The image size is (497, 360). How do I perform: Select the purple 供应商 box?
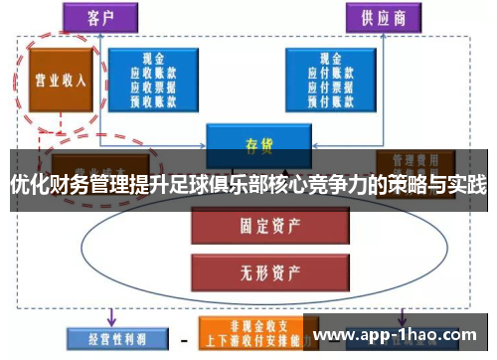click(x=383, y=17)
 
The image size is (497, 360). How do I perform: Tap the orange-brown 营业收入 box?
click(x=57, y=79)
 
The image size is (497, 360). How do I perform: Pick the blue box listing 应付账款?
click(x=328, y=79)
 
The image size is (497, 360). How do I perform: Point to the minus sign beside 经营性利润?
click(x=183, y=337)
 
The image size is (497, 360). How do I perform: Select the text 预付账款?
click(x=328, y=99)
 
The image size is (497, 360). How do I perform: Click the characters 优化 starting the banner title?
click(x=27, y=184)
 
